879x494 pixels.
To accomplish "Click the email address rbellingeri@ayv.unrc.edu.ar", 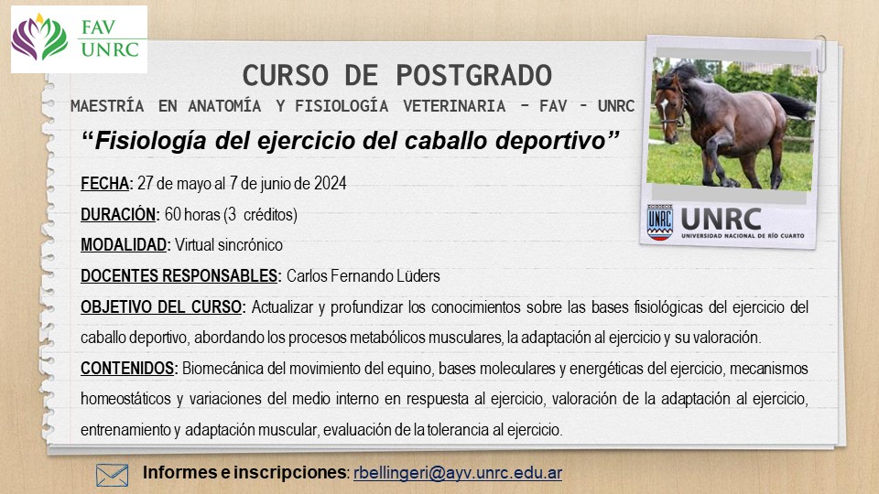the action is pos(458,473).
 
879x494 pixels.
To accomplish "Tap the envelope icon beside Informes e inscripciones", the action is pos(112,475).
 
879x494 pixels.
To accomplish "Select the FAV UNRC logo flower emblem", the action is pos(39,38).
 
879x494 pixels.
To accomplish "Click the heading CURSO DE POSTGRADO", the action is pos(396,76).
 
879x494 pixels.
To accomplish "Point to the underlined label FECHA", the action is pos(104,184).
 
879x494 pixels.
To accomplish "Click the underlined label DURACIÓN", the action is pos(118,214).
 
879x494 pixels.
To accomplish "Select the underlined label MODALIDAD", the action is pos(124,245).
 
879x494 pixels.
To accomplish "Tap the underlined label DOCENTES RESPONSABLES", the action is pos(179,276).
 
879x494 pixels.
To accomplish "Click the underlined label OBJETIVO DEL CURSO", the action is pos(161,307).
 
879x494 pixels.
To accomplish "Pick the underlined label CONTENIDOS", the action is pos(127,369).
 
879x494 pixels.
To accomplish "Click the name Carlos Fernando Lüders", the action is pos(364,276).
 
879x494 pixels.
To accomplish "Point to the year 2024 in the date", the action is pos(331,184).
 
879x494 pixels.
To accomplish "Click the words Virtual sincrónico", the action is pos(229,245).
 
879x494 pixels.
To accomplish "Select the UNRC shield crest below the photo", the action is pos(660,222).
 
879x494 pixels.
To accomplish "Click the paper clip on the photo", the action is pos(821,53).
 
